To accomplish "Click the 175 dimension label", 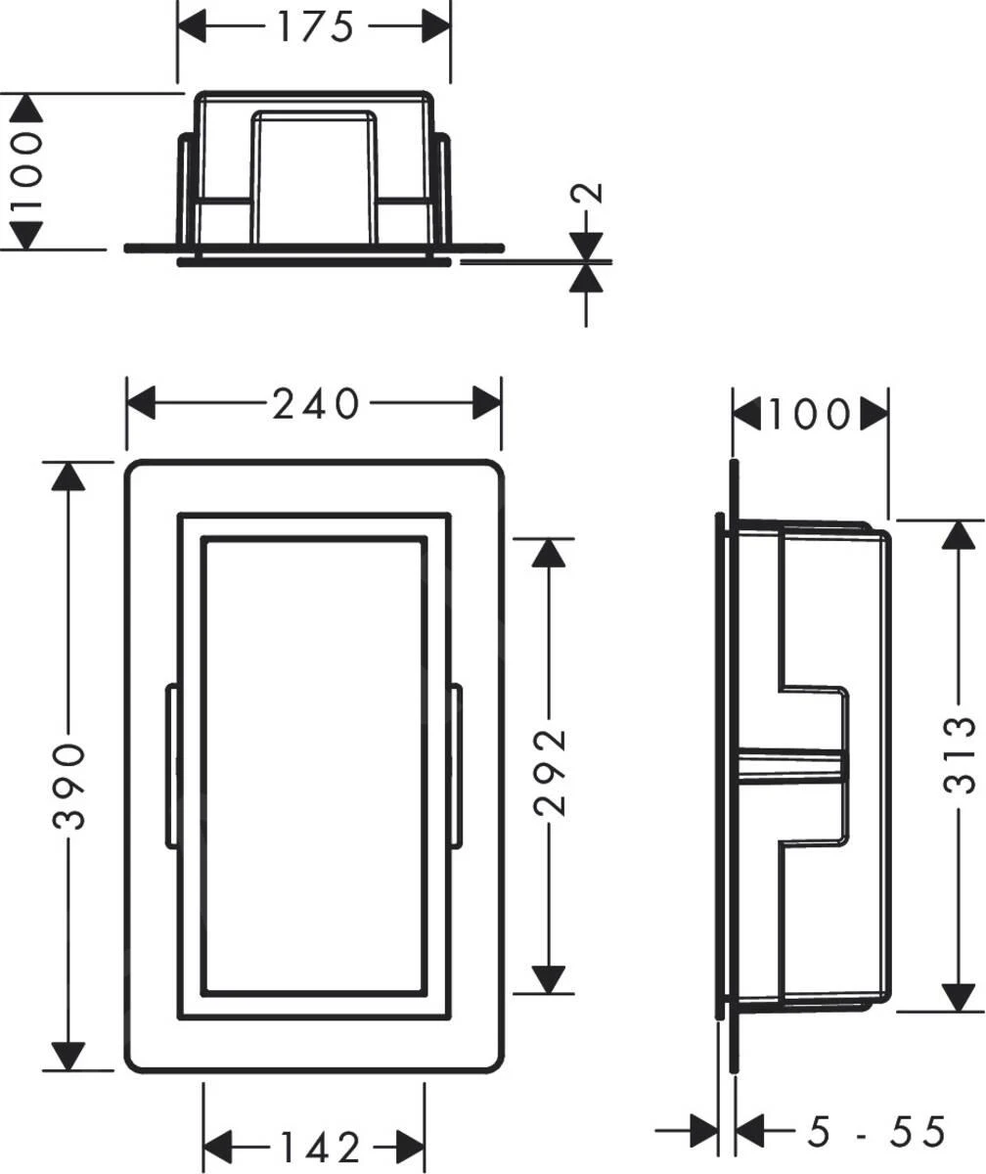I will coord(313,26).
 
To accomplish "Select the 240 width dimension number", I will coord(315,403).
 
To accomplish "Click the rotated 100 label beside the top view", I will coord(26,170).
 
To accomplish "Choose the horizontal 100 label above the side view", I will coord(809,415).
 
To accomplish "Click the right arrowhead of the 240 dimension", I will coord(486,403).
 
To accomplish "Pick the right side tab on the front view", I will coord(456,764).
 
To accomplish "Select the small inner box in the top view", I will coord(314,176).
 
